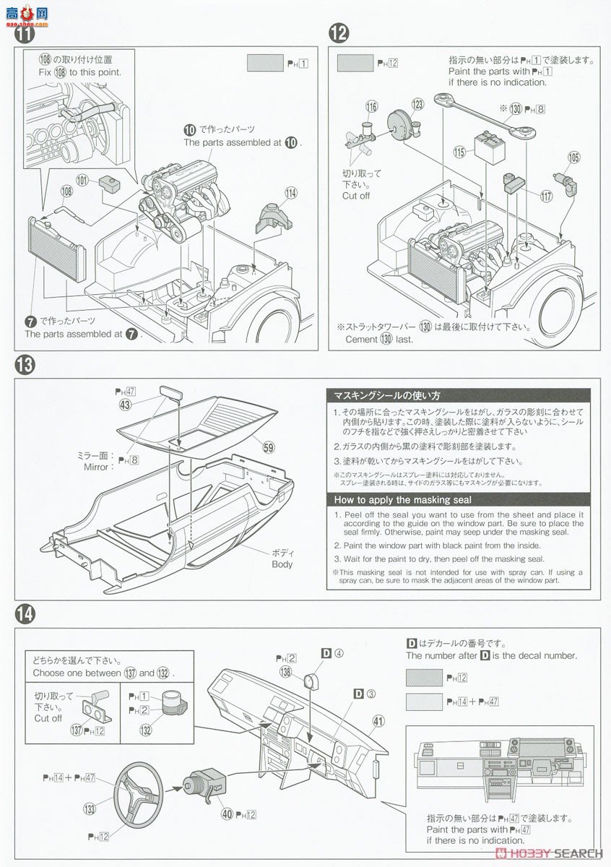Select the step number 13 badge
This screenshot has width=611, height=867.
[24, 365]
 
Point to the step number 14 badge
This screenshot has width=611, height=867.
[24, 614]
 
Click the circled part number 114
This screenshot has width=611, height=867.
[290, 193]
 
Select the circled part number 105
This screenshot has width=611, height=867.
[573, 157]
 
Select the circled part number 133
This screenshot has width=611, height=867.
[90, 809]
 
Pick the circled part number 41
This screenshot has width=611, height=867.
[378, 720]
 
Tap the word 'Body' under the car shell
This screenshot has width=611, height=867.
[282, 564]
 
